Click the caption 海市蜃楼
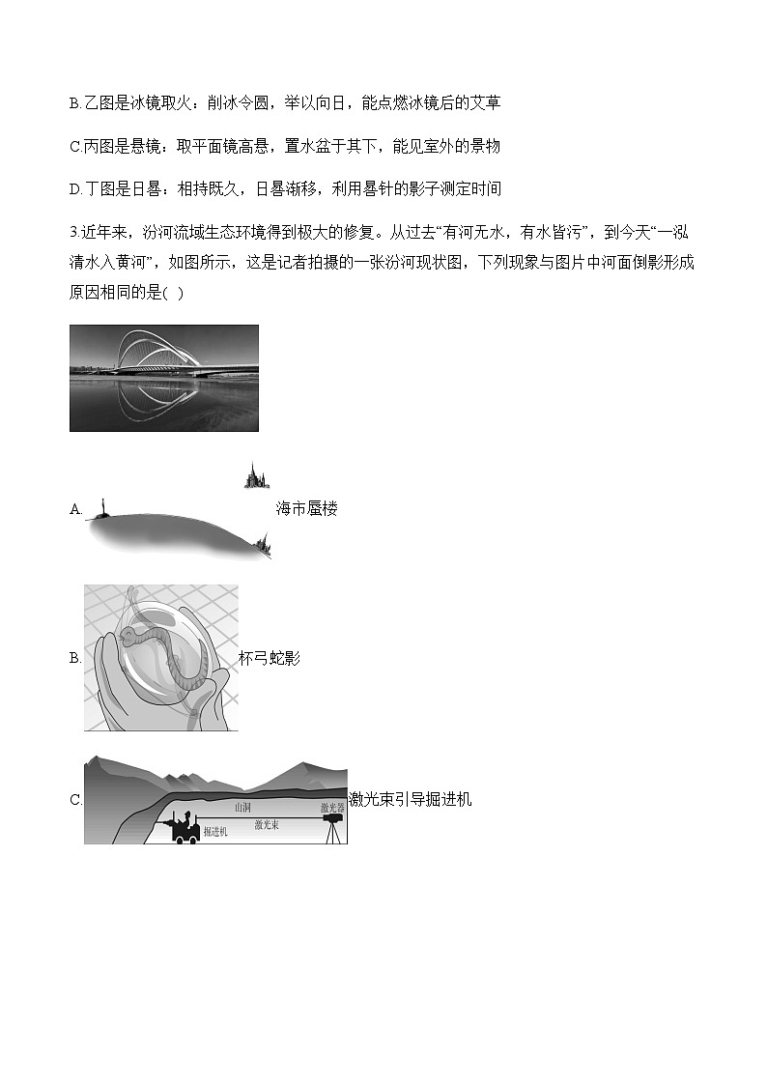[x=306, y=509]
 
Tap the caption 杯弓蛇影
[x=270, y=659]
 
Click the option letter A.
[x=75, y=509]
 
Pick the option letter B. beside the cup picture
[x=75, y=659]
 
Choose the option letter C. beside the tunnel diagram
[x=75, y=799]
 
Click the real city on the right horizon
[x=264, y=548]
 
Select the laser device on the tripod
[x=331, y=821]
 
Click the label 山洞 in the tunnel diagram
[x=242, y=807]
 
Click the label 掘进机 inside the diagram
[x=215, y=833]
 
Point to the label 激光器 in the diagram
[x=332, y=807]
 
